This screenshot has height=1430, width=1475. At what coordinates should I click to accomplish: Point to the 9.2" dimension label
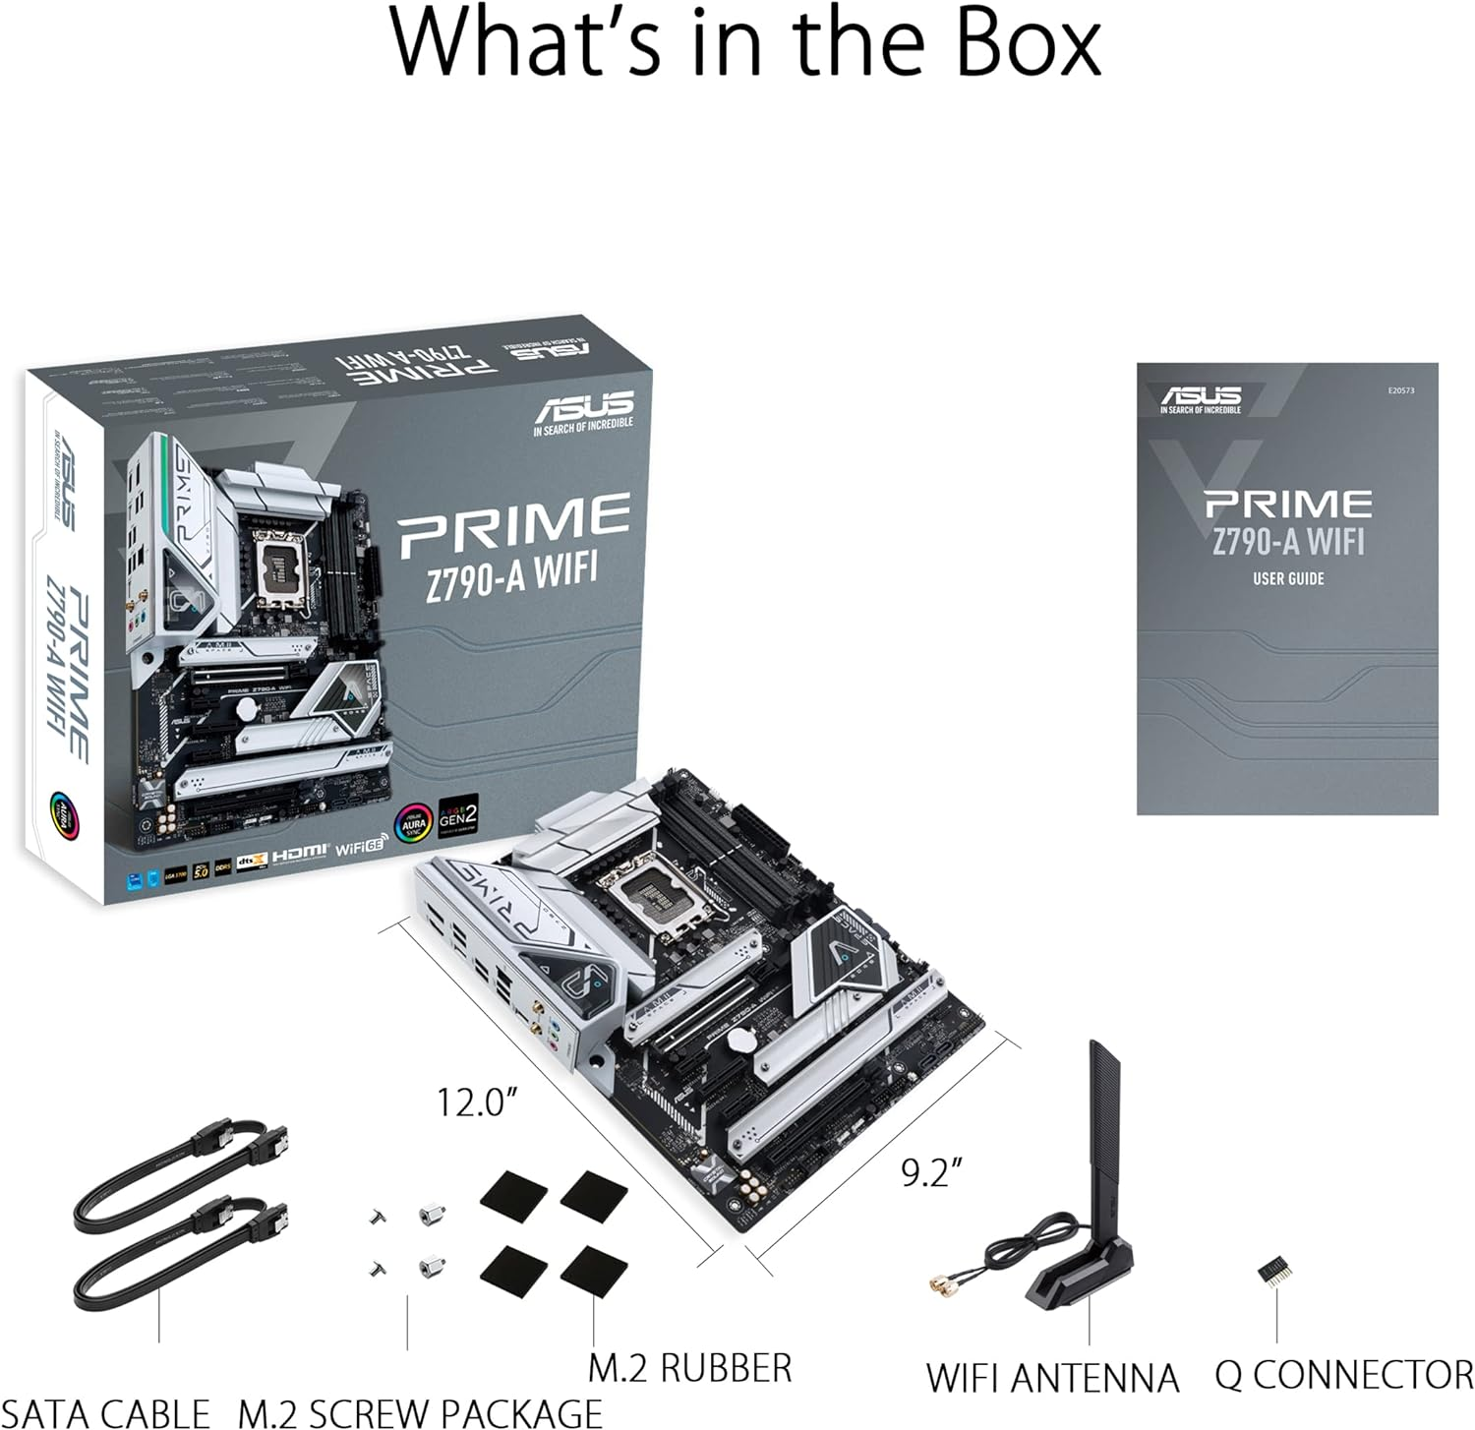930,1172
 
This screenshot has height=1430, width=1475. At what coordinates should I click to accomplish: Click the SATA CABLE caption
105,1412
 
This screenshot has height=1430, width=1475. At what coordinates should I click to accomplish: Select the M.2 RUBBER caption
689,1368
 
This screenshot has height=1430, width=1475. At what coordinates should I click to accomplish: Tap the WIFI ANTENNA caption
1051,1377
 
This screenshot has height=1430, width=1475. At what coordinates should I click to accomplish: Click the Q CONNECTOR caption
1343,1374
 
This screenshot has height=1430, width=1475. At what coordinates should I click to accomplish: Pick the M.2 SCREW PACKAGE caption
420,1412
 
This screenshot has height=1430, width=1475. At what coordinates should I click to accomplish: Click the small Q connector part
1273,1271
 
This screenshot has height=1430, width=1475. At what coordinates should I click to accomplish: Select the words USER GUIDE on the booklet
1287,578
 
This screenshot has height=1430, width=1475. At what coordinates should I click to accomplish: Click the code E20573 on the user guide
1400,390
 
